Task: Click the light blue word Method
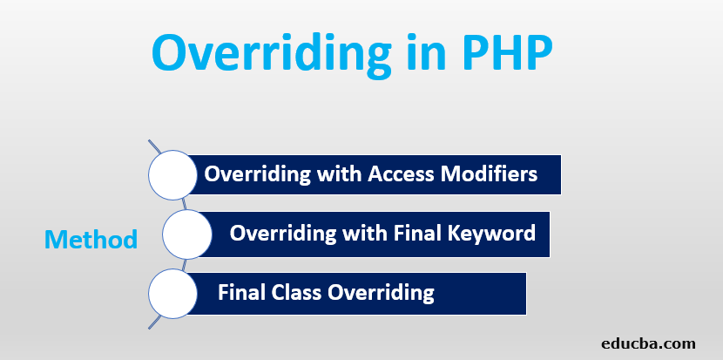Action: (x=91, y=239)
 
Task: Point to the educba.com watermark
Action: (x=648, y=343)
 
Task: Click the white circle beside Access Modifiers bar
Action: (x=172, y=175)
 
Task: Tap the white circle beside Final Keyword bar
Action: (x=186, y=234)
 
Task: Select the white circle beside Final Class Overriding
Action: (x=172, y=293)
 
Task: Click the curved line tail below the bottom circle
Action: (x=155, y=323)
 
